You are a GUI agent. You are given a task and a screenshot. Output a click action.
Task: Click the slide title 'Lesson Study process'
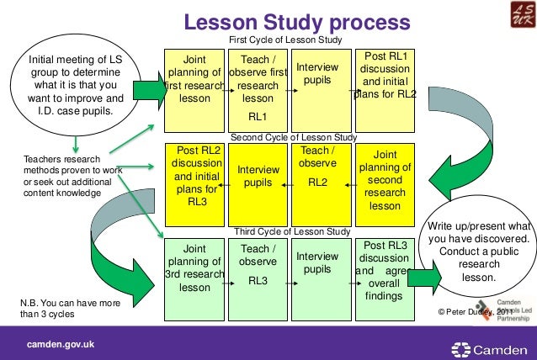coord(297,21)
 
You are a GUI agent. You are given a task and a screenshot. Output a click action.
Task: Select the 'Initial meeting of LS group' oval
coord(76,85)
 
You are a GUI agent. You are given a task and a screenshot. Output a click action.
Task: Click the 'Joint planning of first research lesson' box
coord(194,80)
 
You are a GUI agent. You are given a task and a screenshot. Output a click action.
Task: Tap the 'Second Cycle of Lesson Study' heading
coord(294,136)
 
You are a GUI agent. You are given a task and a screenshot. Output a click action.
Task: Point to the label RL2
coord(317,181)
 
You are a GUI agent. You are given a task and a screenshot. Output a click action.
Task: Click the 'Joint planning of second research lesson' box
coord(385,181)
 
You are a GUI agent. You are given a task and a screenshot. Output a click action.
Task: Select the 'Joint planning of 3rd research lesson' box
coord(194,268)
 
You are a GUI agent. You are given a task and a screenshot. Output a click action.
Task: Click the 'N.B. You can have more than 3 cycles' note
coord(69,309)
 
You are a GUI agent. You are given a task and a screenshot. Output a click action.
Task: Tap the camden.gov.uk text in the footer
coord(61,345)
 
